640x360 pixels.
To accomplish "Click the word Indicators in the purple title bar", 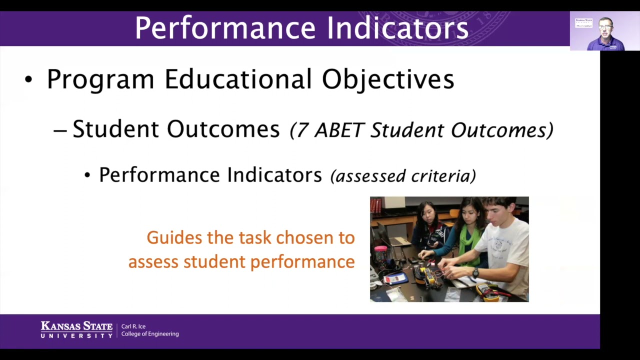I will pyautogui.click(x=398, y=28).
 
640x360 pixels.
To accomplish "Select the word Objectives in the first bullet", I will pyautogui.click(x=387, y=79).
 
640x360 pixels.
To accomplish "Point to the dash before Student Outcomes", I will pyautogui.click(x=60, y=130).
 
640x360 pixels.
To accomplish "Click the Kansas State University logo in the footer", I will pyautogui.click(x=76, y=330).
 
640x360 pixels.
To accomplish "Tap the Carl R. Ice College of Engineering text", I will pyautogui.click(x=149, y=330).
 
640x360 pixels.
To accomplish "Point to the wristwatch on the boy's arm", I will pyautogui.click(x=475, y=272).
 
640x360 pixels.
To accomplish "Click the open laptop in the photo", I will pyautogui.click(x=387, y=235).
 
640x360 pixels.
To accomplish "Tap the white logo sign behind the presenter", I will pyautogui.click(x=583, y=22).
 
